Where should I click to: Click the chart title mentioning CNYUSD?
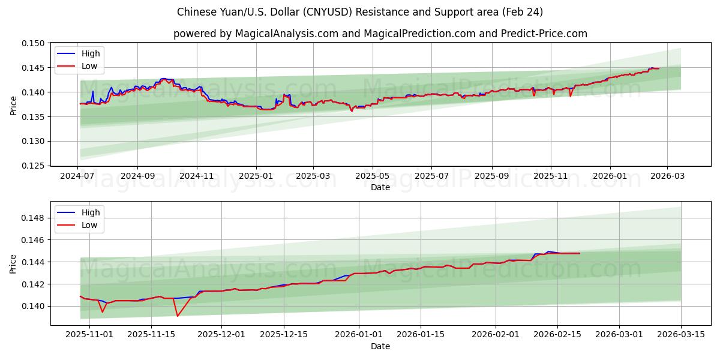coord(360,12)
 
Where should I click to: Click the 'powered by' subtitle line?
coord(380,34)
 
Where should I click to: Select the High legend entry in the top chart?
coord(91,53)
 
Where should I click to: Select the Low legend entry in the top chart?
coord(89,67)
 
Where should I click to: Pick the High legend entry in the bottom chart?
coord(91,212)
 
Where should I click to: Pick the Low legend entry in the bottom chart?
coord(89,225)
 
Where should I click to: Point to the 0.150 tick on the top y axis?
coord(34,43)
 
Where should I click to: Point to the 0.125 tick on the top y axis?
coord(34,166)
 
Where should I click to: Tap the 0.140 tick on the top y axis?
coord(34,92)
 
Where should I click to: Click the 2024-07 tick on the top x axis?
coord(78,176)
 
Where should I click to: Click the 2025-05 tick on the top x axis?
coord(373,176)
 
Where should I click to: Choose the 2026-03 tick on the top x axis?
coord(667,176)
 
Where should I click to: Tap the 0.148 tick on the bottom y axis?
coord(34,218)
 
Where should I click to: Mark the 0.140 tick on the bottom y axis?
coord(34,306)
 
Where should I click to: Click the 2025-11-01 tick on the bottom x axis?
coord(89,335)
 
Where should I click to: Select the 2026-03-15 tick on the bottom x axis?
coord(681,335)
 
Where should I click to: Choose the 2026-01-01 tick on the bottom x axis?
coord(359,335)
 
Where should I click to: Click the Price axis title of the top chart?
coord(14,104)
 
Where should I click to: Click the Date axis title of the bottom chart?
coord(380,346)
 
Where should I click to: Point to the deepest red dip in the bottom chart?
coord(177,316)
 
